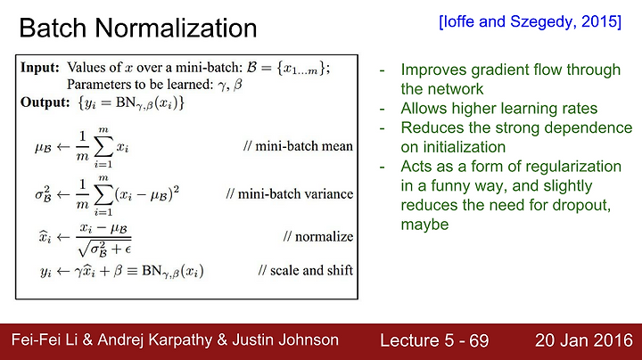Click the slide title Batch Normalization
click(138, 28)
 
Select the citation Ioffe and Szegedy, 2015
click(530, 21)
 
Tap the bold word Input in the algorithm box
click(40, 68)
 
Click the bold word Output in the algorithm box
click(45, 102)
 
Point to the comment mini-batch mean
click(298, 146)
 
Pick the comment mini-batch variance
click(290, 193)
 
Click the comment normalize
click(318, 236)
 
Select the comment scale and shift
click(306, 270)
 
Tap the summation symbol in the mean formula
click(103, 147)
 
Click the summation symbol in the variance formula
click(103, 195)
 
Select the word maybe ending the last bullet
click(424, 225)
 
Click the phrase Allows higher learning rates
click(498, 109)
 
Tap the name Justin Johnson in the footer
click(285, 340)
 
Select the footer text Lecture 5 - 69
click(434, 340)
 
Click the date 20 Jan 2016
click(584, 340)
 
